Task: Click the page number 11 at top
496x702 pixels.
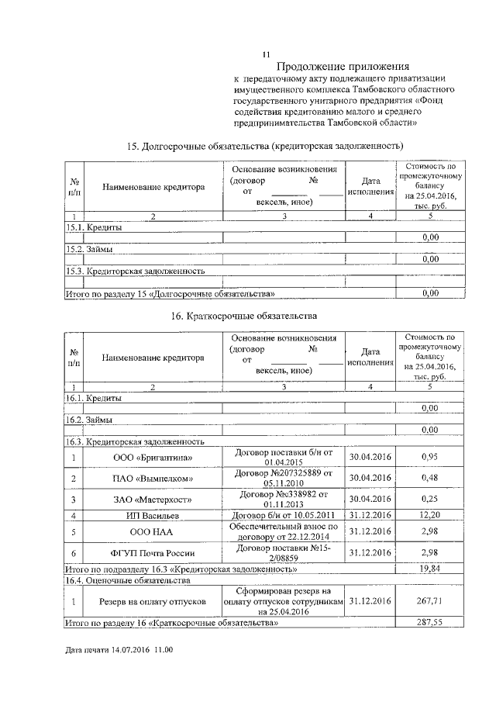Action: coord(266,54)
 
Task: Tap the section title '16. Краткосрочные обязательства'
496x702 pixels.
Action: coord(243,316)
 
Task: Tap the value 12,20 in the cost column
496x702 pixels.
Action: coord(430,515)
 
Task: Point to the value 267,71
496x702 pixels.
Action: coord(430,600)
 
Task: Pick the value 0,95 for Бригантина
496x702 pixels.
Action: coord(430,458)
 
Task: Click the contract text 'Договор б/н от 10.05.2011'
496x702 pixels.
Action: coord(283,515)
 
